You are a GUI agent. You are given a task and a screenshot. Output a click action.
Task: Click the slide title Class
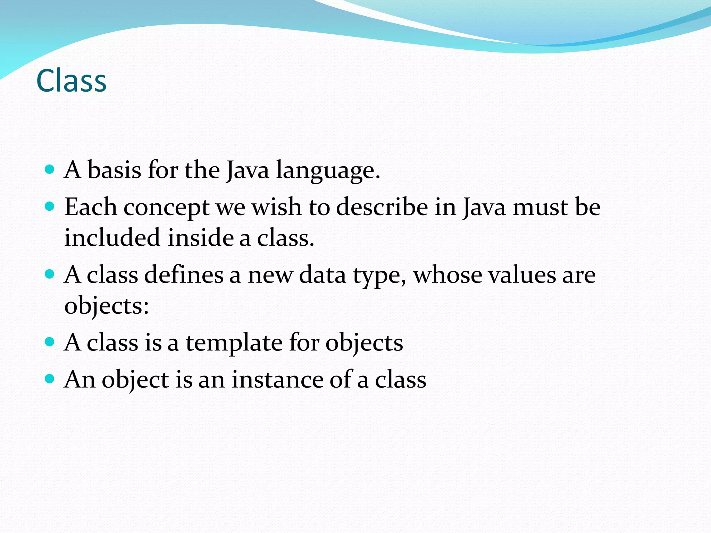[71, 81]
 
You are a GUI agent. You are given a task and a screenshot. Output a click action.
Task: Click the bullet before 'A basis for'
[50, 169]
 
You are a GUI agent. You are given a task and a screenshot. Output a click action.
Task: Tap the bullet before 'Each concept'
[50, 206]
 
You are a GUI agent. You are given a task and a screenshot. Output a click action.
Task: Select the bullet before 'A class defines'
[50, 274]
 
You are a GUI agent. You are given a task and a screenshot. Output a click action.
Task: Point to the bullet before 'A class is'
[50, 342]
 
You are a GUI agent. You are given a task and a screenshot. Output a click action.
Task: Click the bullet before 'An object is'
[50, 379]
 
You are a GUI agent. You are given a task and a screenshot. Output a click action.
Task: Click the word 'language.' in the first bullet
[328, 171]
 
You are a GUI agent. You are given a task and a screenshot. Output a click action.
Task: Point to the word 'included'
[112, 238]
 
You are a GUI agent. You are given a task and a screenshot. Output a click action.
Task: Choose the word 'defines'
[184, 275]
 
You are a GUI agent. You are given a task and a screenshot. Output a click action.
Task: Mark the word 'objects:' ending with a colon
[107, 306]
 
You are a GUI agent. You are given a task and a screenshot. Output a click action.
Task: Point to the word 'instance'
[277, 379]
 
